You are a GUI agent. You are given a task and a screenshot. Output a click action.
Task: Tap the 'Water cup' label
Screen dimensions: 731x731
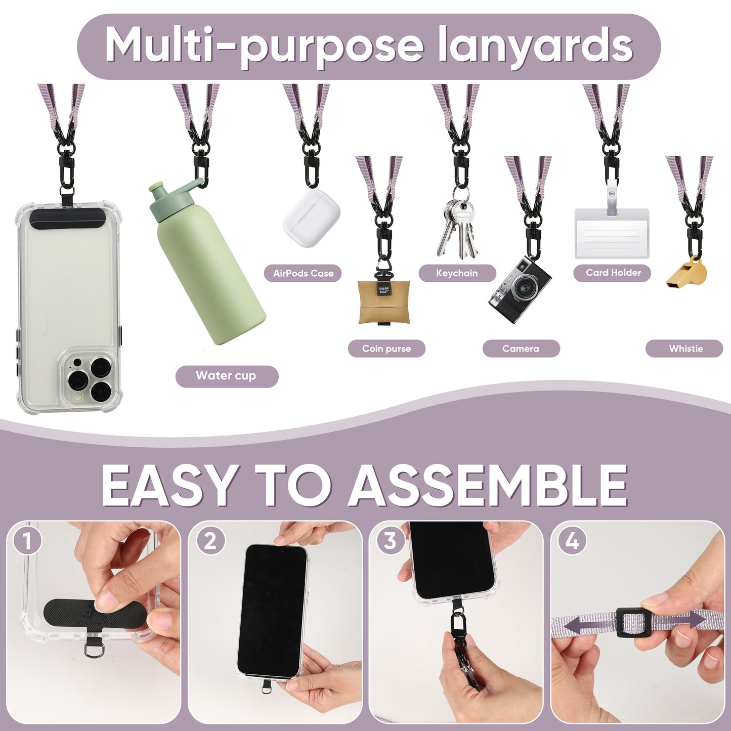pyautogui.click(x=227, y=376)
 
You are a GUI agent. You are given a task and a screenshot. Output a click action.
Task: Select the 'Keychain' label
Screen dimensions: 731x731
pyautogui.click(x=457, y=273)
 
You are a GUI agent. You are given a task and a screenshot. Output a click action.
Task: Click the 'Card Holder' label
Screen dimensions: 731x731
pyautogui.click(x=612, y=273)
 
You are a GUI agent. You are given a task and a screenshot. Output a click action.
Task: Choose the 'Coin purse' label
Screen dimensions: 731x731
pyautogui.click(x=386, y=349)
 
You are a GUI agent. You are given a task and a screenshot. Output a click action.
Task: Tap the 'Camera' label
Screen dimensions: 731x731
pyautogui.click(x=521, y=349)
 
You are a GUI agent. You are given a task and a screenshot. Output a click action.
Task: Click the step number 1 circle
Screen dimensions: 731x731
pyautogui.click(x=27, y=541)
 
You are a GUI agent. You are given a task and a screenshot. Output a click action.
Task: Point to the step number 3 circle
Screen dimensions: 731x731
pyautogui.click(x=390, y=541)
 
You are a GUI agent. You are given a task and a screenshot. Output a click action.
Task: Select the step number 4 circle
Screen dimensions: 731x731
pyautogui.click(x=572, y=541)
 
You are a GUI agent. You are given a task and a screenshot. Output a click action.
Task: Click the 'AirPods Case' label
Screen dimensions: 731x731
pyautogui.click(x=303, y=274)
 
